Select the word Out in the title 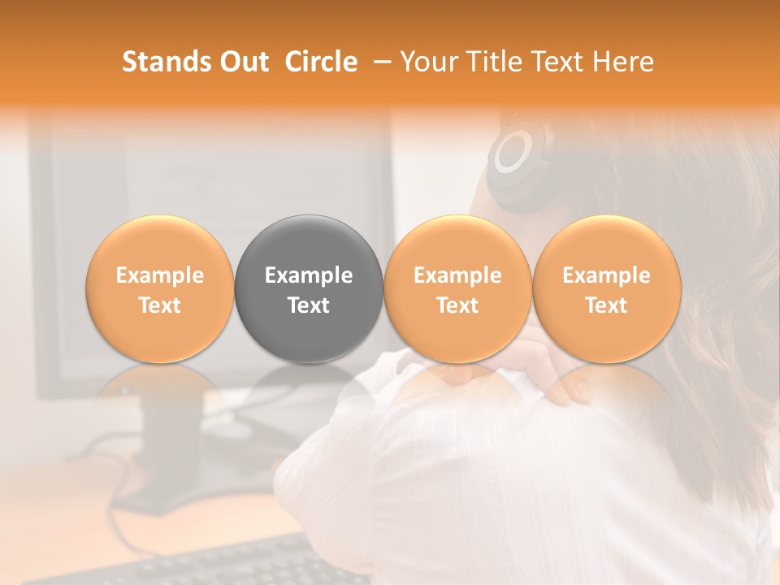point(245,62)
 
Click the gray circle point(309,289)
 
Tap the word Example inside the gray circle point(309,275)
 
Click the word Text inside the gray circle point(309,305)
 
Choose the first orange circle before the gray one point(160,289)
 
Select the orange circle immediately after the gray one point(457,289)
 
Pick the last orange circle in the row point(606,289)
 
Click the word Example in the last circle point(606,275)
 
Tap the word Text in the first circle point(160,305)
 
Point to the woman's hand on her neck point(552,374)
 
